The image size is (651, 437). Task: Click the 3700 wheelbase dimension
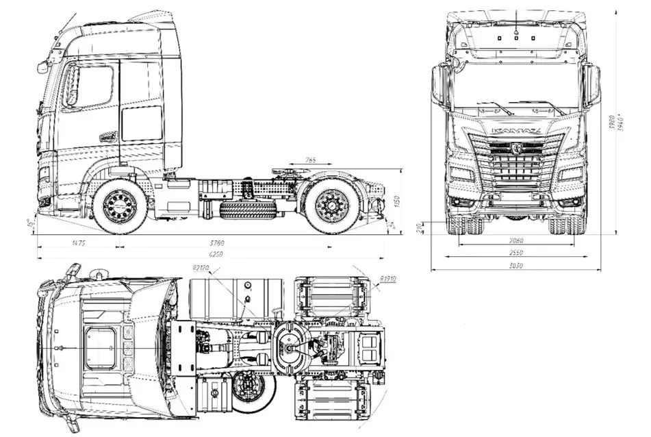(x=218, y=242)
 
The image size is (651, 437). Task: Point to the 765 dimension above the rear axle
(x=309, y=160)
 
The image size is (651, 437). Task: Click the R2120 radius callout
(x=200, y=267)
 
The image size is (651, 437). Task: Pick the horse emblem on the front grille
(x=515, y=147)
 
